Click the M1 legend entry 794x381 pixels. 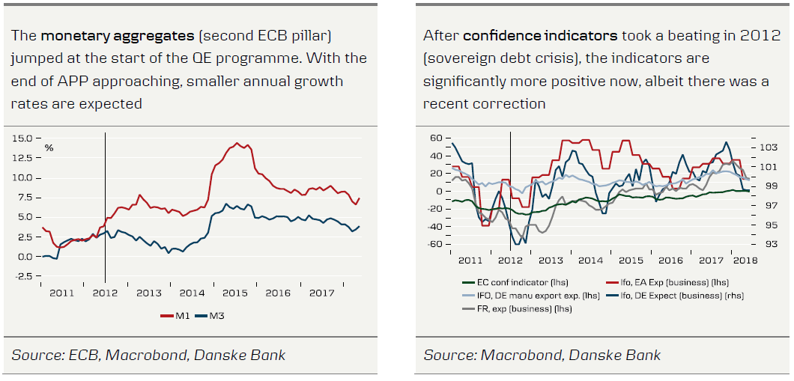point(177,316)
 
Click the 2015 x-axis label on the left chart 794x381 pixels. point(234,293)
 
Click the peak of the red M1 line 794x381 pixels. point(237,143)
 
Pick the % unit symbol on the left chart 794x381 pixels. point(49,147)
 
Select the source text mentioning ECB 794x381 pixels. point(148,355)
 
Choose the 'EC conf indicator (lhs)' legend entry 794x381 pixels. point(506,282)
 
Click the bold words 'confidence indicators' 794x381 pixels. point(540,35)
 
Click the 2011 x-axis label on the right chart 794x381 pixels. point(470,260)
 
